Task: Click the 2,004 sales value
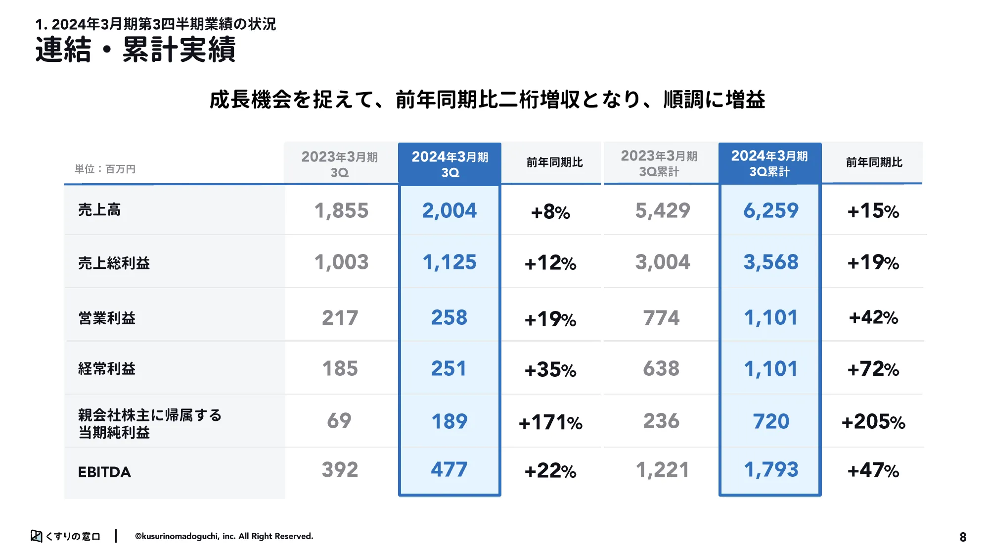pos(449,211)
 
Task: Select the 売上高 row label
pos(99,210)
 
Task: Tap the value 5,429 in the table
pos(662,211)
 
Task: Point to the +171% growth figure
pos(550,422)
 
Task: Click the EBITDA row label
pos(104,472)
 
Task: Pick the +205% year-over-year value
pos(873,422)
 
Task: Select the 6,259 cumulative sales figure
pos(770,211)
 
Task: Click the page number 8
pos(963,537)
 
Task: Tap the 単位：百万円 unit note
pos(105,169)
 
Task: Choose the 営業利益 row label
pos(107,318)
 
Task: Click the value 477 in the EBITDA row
pos(449,469)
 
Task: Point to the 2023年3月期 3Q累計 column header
pos(659,163)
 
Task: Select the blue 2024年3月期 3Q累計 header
pos(769,163)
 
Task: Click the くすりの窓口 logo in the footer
pos(66,536)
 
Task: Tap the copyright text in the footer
pos(224,536)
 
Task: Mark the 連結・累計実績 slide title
pos(135,50)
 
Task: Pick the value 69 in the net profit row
pos(339,421)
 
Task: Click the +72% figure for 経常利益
pos(873,369)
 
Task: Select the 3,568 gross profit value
pos(770,262)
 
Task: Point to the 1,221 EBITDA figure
pos(662,470)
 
